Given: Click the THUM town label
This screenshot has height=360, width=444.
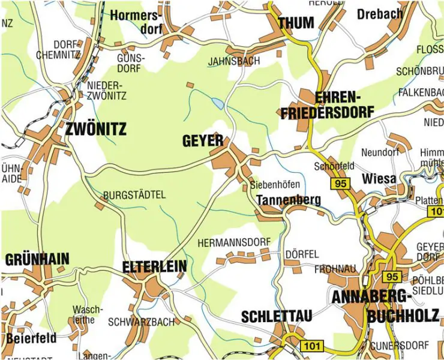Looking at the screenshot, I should [x=296, y=23].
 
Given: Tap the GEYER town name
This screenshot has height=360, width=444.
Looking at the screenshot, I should [x=202, y=142].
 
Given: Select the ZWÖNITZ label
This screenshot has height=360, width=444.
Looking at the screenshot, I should [x=97, y=128].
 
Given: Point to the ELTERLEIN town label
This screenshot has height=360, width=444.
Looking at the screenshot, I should [x=154, y=266].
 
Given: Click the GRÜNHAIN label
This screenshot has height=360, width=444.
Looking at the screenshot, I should [x=37, y=259].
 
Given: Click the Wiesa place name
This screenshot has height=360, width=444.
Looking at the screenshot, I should [x=379, y=179].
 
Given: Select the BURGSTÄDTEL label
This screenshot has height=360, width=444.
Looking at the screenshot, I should [x=134, y=195].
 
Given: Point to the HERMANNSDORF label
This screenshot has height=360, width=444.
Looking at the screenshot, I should [x=234, y=242].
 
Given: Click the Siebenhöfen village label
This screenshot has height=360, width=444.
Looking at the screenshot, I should [x=274, y=185].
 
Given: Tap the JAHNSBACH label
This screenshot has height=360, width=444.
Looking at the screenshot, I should [x=234, y=61].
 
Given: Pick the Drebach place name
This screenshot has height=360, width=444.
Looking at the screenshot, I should [x=380, y=13].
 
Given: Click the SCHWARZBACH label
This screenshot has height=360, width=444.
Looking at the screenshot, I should [x=141, y=322].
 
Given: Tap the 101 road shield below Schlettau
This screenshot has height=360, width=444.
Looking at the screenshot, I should [x=313, y=346].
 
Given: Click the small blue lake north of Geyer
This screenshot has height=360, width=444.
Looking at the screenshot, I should [x=217, y=104].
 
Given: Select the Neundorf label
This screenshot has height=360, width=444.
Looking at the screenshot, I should [x=380, y=152].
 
